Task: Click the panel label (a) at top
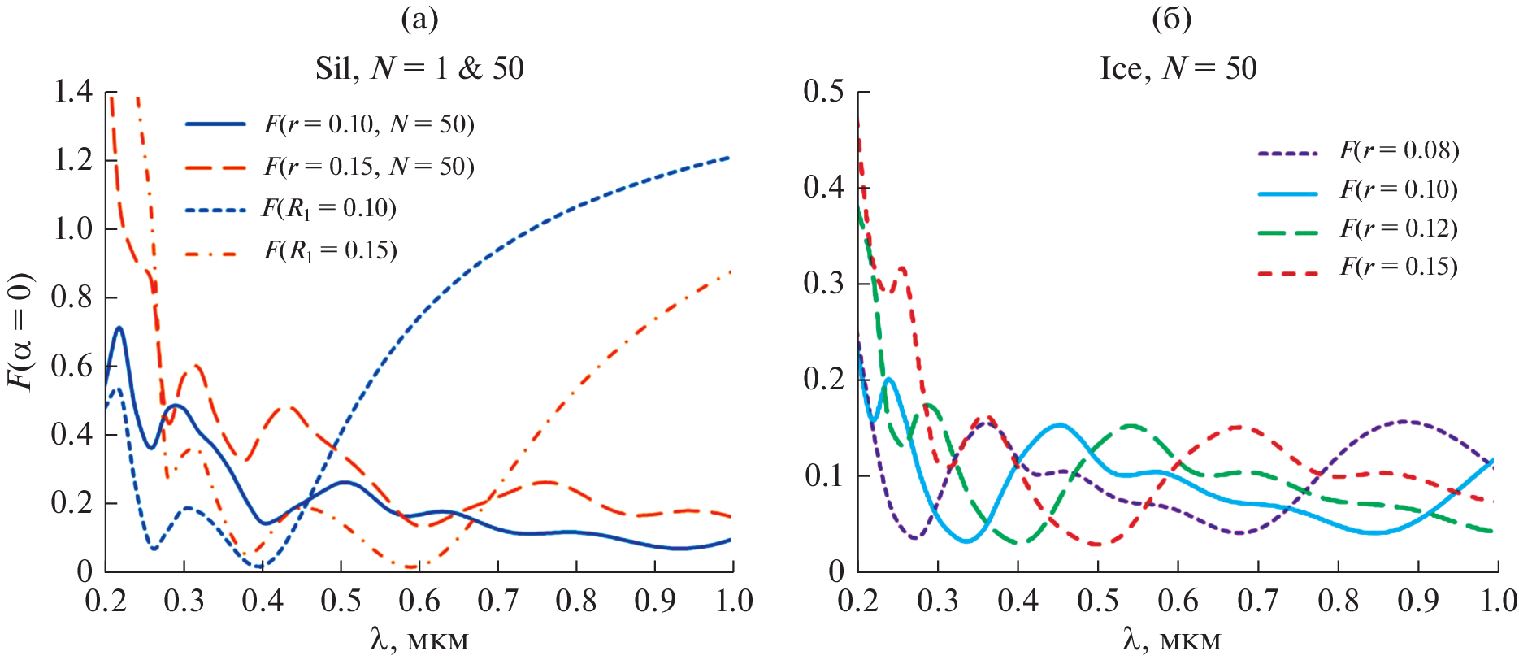pos(419,19)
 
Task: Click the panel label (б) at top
pos(1172,19)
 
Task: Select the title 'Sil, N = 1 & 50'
pos(419,68)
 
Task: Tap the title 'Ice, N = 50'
pos(1178,68)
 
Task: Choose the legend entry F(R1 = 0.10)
pos(329,209)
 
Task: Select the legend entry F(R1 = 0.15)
pos(330,250)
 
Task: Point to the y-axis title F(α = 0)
pos(22,332)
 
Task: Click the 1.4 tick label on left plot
pos(73,92)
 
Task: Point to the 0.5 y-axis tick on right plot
pos(824,92)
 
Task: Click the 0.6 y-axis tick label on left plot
pos(73,366)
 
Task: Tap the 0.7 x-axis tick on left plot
pos(497,601)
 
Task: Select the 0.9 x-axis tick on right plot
pos(1418,601)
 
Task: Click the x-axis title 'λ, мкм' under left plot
pos(419,640)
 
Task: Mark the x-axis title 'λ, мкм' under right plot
pos(1172,640)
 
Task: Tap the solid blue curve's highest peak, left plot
pos(119,328)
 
